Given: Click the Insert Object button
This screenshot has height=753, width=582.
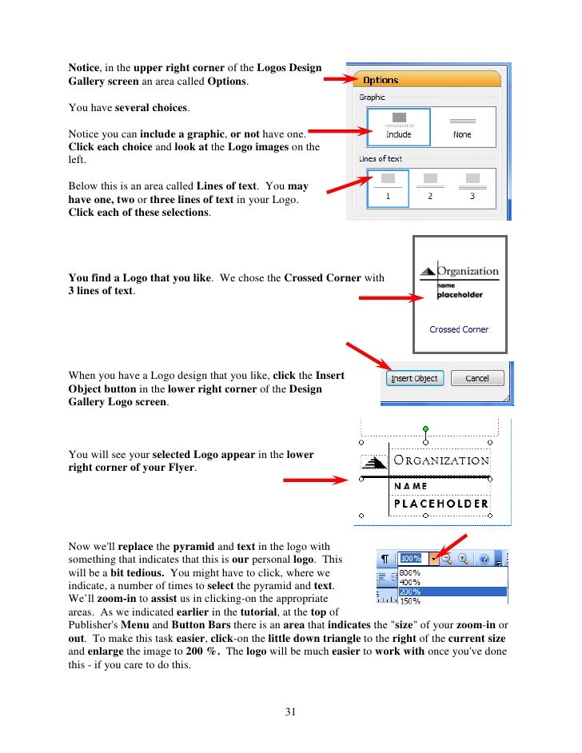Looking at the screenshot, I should click(x=414, y=378).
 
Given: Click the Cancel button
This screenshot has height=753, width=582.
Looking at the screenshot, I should click(x=476, y=378).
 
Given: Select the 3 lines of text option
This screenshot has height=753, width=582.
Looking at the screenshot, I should click(x=472, y=188).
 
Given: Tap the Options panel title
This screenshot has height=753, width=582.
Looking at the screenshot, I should click(x=381, y=81).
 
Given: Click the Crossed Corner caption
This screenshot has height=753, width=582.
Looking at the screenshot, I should click(x=459, y=329).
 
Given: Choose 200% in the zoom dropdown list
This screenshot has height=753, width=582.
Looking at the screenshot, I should click(x=410, y=592).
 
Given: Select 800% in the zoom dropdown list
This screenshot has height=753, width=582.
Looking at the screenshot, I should click(x=410, y=572).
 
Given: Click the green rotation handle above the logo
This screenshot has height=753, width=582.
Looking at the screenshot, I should click(x=425, y=429).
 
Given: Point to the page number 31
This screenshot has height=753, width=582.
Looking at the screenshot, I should click(x=290, y=712).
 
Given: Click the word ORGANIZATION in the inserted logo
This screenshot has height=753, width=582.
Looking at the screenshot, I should click(x=440, y=460).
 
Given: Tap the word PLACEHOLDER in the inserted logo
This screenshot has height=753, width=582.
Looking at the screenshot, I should click(x=440, y=504).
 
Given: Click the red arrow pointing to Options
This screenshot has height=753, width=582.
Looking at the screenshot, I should click(x=339, y=79).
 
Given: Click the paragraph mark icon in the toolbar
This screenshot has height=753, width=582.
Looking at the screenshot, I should click(x=385, y=559).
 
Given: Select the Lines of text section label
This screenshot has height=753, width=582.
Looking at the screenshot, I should click(x=381, y=159).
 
